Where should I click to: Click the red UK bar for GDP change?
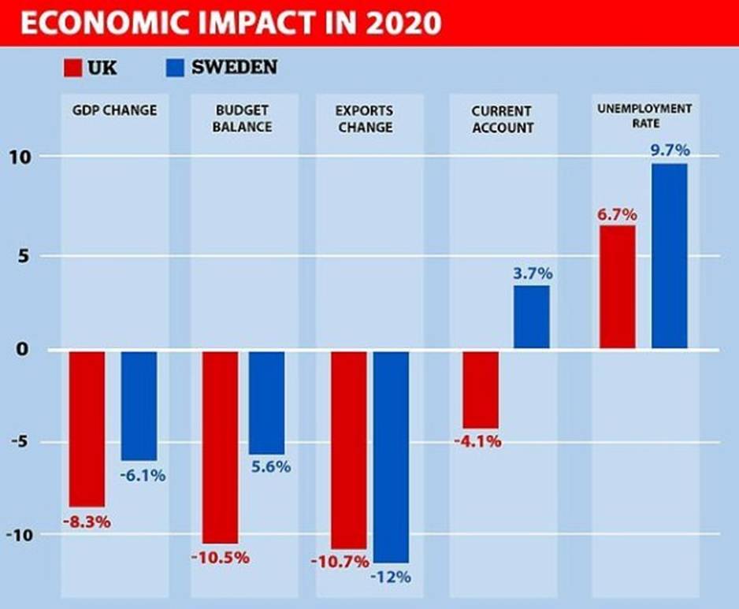coord(87,429)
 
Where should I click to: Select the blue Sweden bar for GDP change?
coord(139,406)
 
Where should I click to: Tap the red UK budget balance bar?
coord(220,447)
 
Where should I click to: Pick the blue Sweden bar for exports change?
coord(391,456)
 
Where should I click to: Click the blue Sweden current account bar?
coord(532,317)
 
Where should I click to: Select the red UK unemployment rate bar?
coord(618,288)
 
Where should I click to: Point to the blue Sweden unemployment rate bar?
coord(669,257)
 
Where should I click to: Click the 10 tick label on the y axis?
coord(18,156)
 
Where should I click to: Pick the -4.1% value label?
coord(477,441)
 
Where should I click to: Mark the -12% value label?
coord(390,577)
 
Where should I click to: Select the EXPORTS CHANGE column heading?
coord(364,118)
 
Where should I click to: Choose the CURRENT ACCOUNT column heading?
coord(503,118)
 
